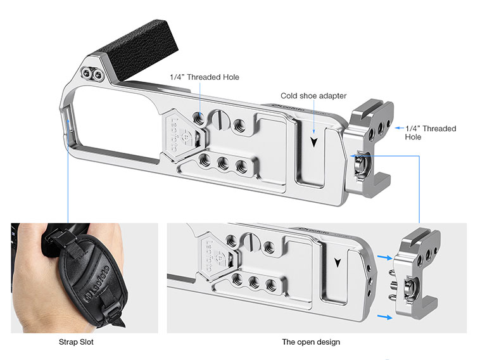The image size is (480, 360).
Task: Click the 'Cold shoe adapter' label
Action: pos(313,96)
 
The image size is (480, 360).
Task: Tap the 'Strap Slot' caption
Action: pos(76,342)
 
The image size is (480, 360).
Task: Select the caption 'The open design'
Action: pos(311,342)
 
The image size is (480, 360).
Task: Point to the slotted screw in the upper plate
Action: pos(220,119)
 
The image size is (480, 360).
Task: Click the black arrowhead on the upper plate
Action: pos(314,142)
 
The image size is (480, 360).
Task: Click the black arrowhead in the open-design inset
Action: pos(338,262)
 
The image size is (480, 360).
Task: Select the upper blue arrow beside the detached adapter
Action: pos(385,258)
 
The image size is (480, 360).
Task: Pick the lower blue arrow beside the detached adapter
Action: pos(385,317)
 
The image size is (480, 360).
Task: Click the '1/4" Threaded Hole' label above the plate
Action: pos(205,77)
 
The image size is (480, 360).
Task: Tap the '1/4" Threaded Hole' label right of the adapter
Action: pos(431,132)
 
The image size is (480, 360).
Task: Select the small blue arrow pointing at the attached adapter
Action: pos(399,128)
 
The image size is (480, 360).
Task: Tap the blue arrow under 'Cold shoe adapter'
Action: pos(314,117)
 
